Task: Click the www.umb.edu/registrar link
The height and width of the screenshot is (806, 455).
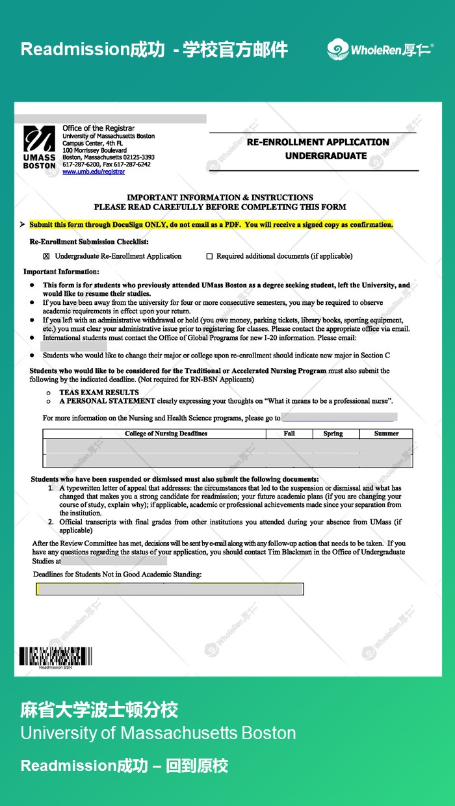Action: (94, 172)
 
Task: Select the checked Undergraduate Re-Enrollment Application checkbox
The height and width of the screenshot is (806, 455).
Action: (46, 256)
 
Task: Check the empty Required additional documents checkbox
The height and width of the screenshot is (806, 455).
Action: (209, 256)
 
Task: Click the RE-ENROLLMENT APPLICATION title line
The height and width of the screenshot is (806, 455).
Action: (317, 142)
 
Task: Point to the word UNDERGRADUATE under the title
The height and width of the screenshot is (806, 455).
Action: (326, 156)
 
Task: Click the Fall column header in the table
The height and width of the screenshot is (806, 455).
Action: (289, 434)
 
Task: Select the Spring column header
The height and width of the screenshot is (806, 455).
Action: (333, 434)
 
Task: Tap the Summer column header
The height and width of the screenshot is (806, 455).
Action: (386, 434)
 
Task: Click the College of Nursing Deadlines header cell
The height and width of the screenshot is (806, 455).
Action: (166, 434)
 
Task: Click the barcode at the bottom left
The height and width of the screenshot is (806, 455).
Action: (55, 656)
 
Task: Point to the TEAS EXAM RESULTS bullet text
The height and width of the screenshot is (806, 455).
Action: (99, 393)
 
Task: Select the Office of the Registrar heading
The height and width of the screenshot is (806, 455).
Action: (99, 129)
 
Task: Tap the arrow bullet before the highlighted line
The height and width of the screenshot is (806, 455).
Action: (23, 225)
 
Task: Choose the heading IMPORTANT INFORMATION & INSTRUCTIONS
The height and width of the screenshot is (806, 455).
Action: (220, 198)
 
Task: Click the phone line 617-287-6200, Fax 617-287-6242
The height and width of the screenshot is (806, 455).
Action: (107, 165)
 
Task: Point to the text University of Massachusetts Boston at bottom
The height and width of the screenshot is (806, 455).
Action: (158, 733)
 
